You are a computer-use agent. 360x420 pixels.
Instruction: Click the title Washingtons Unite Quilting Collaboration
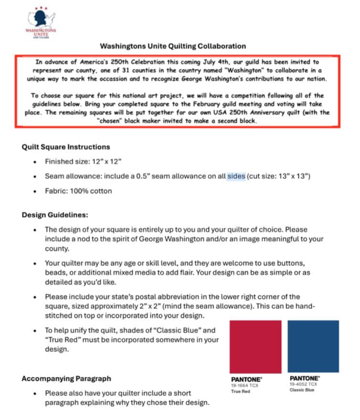(x=173, y=46)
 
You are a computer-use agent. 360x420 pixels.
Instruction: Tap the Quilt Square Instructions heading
(x=66, y=147)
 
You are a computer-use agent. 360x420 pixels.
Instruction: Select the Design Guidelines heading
(x=55, y=215)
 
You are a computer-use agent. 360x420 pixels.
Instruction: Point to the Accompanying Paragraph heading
(x=66, y=378)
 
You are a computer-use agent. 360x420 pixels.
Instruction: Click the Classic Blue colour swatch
(x=314, y=346)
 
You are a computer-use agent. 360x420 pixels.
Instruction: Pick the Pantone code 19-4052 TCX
(x=303, y=384)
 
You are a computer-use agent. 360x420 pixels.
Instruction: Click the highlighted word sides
(x=236, y=176)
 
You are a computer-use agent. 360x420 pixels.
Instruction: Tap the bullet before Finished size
(x=35, y=162)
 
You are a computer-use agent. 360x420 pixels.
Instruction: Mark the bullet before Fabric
(x=35, y=191)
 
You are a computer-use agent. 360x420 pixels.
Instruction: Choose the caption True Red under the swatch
(x=241, y=391)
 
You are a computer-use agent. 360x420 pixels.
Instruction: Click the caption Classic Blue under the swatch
(x=302, y=390)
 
